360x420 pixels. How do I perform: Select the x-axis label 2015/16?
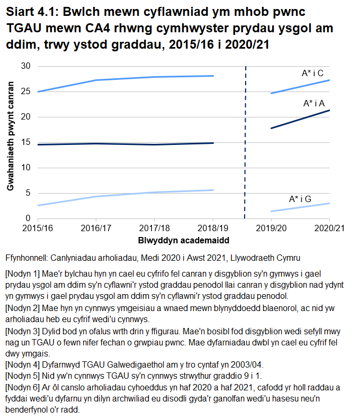pos(37,229)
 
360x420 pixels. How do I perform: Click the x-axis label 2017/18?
pos(154,229)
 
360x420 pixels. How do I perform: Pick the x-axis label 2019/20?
pos(271,229)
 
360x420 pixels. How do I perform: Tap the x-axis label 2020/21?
pos(329,229)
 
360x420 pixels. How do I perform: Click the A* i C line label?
pos(312,73)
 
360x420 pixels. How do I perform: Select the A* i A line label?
pos(314,104)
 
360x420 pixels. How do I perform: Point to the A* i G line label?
pos(300,199)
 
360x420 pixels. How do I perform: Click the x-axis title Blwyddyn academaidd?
pos(183,241)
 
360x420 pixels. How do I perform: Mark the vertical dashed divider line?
pos(246,143)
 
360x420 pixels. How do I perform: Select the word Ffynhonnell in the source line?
pos(26,259)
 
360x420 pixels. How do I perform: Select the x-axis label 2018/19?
pos(213,229)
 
